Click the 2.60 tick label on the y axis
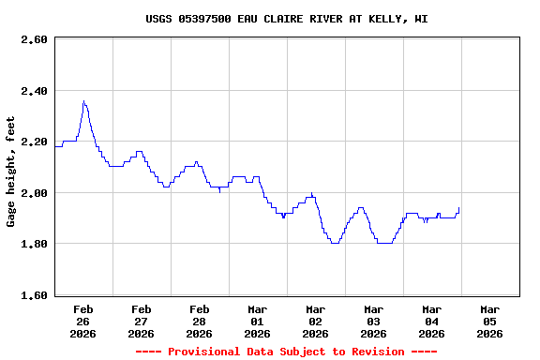pyautogui.click(x=34, y=39)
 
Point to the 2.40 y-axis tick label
pyautogui.click(x=34, y=91)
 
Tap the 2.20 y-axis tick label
pyautogui.click(x=34, y=142)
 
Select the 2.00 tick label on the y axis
pyautogui.click(x=34, y=193)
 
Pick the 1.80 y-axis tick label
pyautogui.click(x=34, y=244)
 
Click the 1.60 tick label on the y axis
pyautogui.click(x=34, y=295)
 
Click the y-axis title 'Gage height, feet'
pyautogui.click(x=11, y=172)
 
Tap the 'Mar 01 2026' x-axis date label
pyautogui.click(x=257, y=321)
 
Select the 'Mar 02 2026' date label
pyautogui.click(x=315, y=321)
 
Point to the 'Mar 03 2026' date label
pyautogui.click(x=373, y=321)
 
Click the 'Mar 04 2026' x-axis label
pyautogui.click(x=431, y=321)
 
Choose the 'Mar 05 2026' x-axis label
pyautogui.click(x=489, y=321)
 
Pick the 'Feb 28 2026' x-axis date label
pyautogui.click(x=199, y=321)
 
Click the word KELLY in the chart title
pyautogui.click(x=375, y=19)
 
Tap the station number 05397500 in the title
pyautogui.click(x=204, y=19)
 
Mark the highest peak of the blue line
pyautogui.click(x=83, y=101)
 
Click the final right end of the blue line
pyautogui.click(x=459, y=208)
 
